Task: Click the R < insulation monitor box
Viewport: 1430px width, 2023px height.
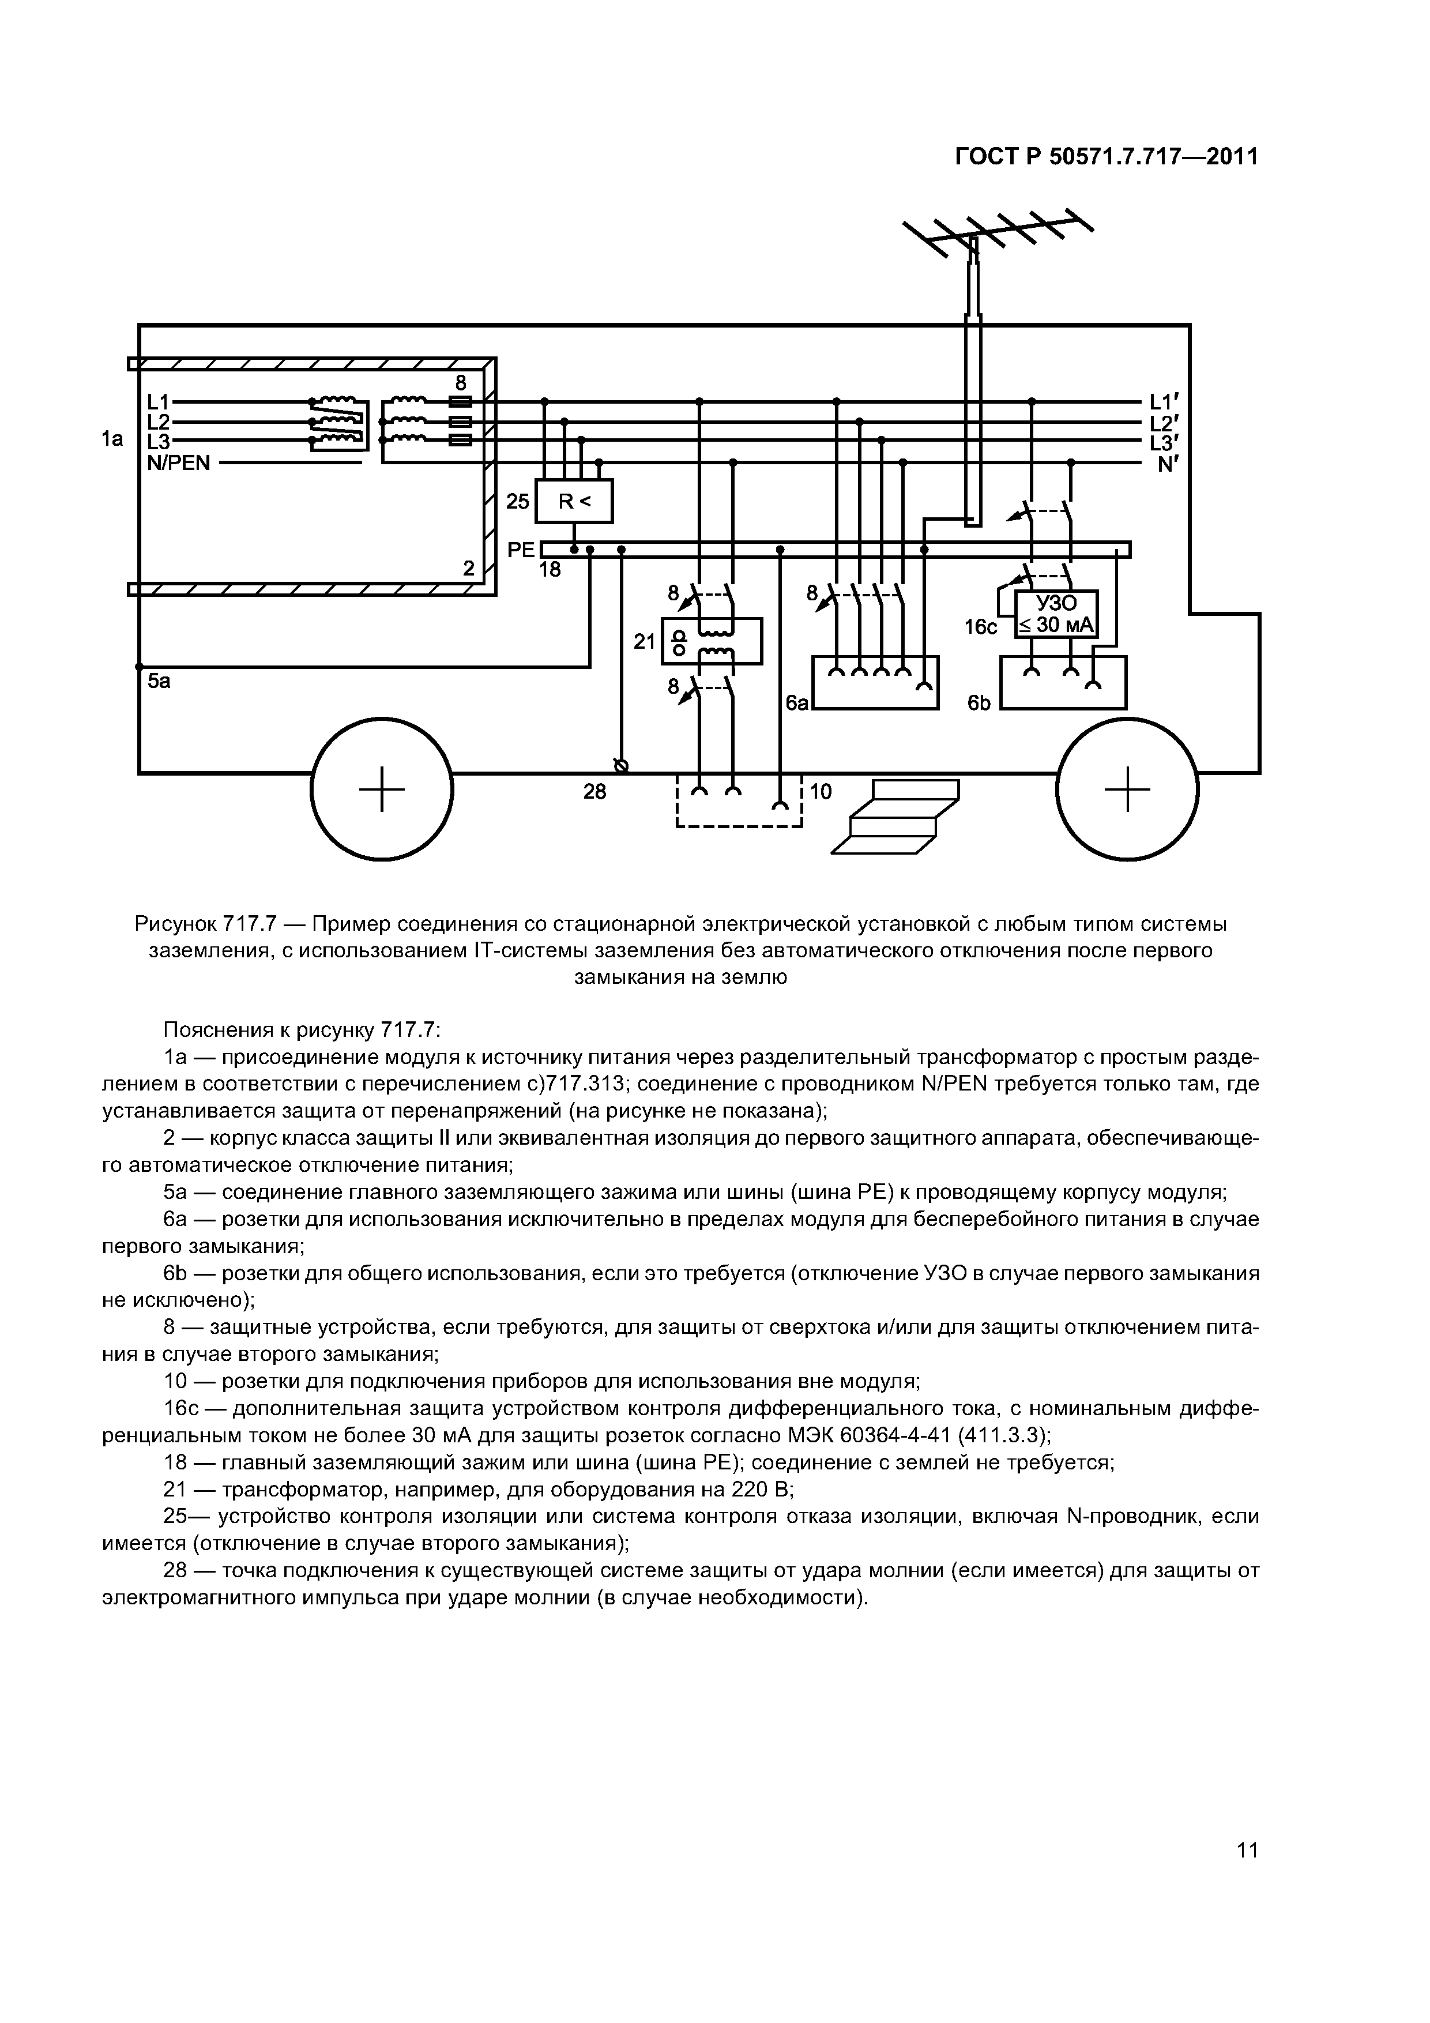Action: [x=574, y=501]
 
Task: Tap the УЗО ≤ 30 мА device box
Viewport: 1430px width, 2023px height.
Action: [x=1056, y=614]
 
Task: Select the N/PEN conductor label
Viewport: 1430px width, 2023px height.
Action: [x=179, y=462]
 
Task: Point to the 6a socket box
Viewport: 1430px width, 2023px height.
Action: [x=874, y=683]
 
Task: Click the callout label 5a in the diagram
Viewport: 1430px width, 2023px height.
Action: [x=160, y=681]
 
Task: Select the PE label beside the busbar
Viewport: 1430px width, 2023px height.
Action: [x=521, y=550]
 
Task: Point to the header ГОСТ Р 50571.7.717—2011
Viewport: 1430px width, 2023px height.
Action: [x=1106, y=157]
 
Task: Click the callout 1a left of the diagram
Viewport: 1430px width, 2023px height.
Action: [x=111, y=438]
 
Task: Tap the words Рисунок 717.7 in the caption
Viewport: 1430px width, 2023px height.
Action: [x=205, y=924]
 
